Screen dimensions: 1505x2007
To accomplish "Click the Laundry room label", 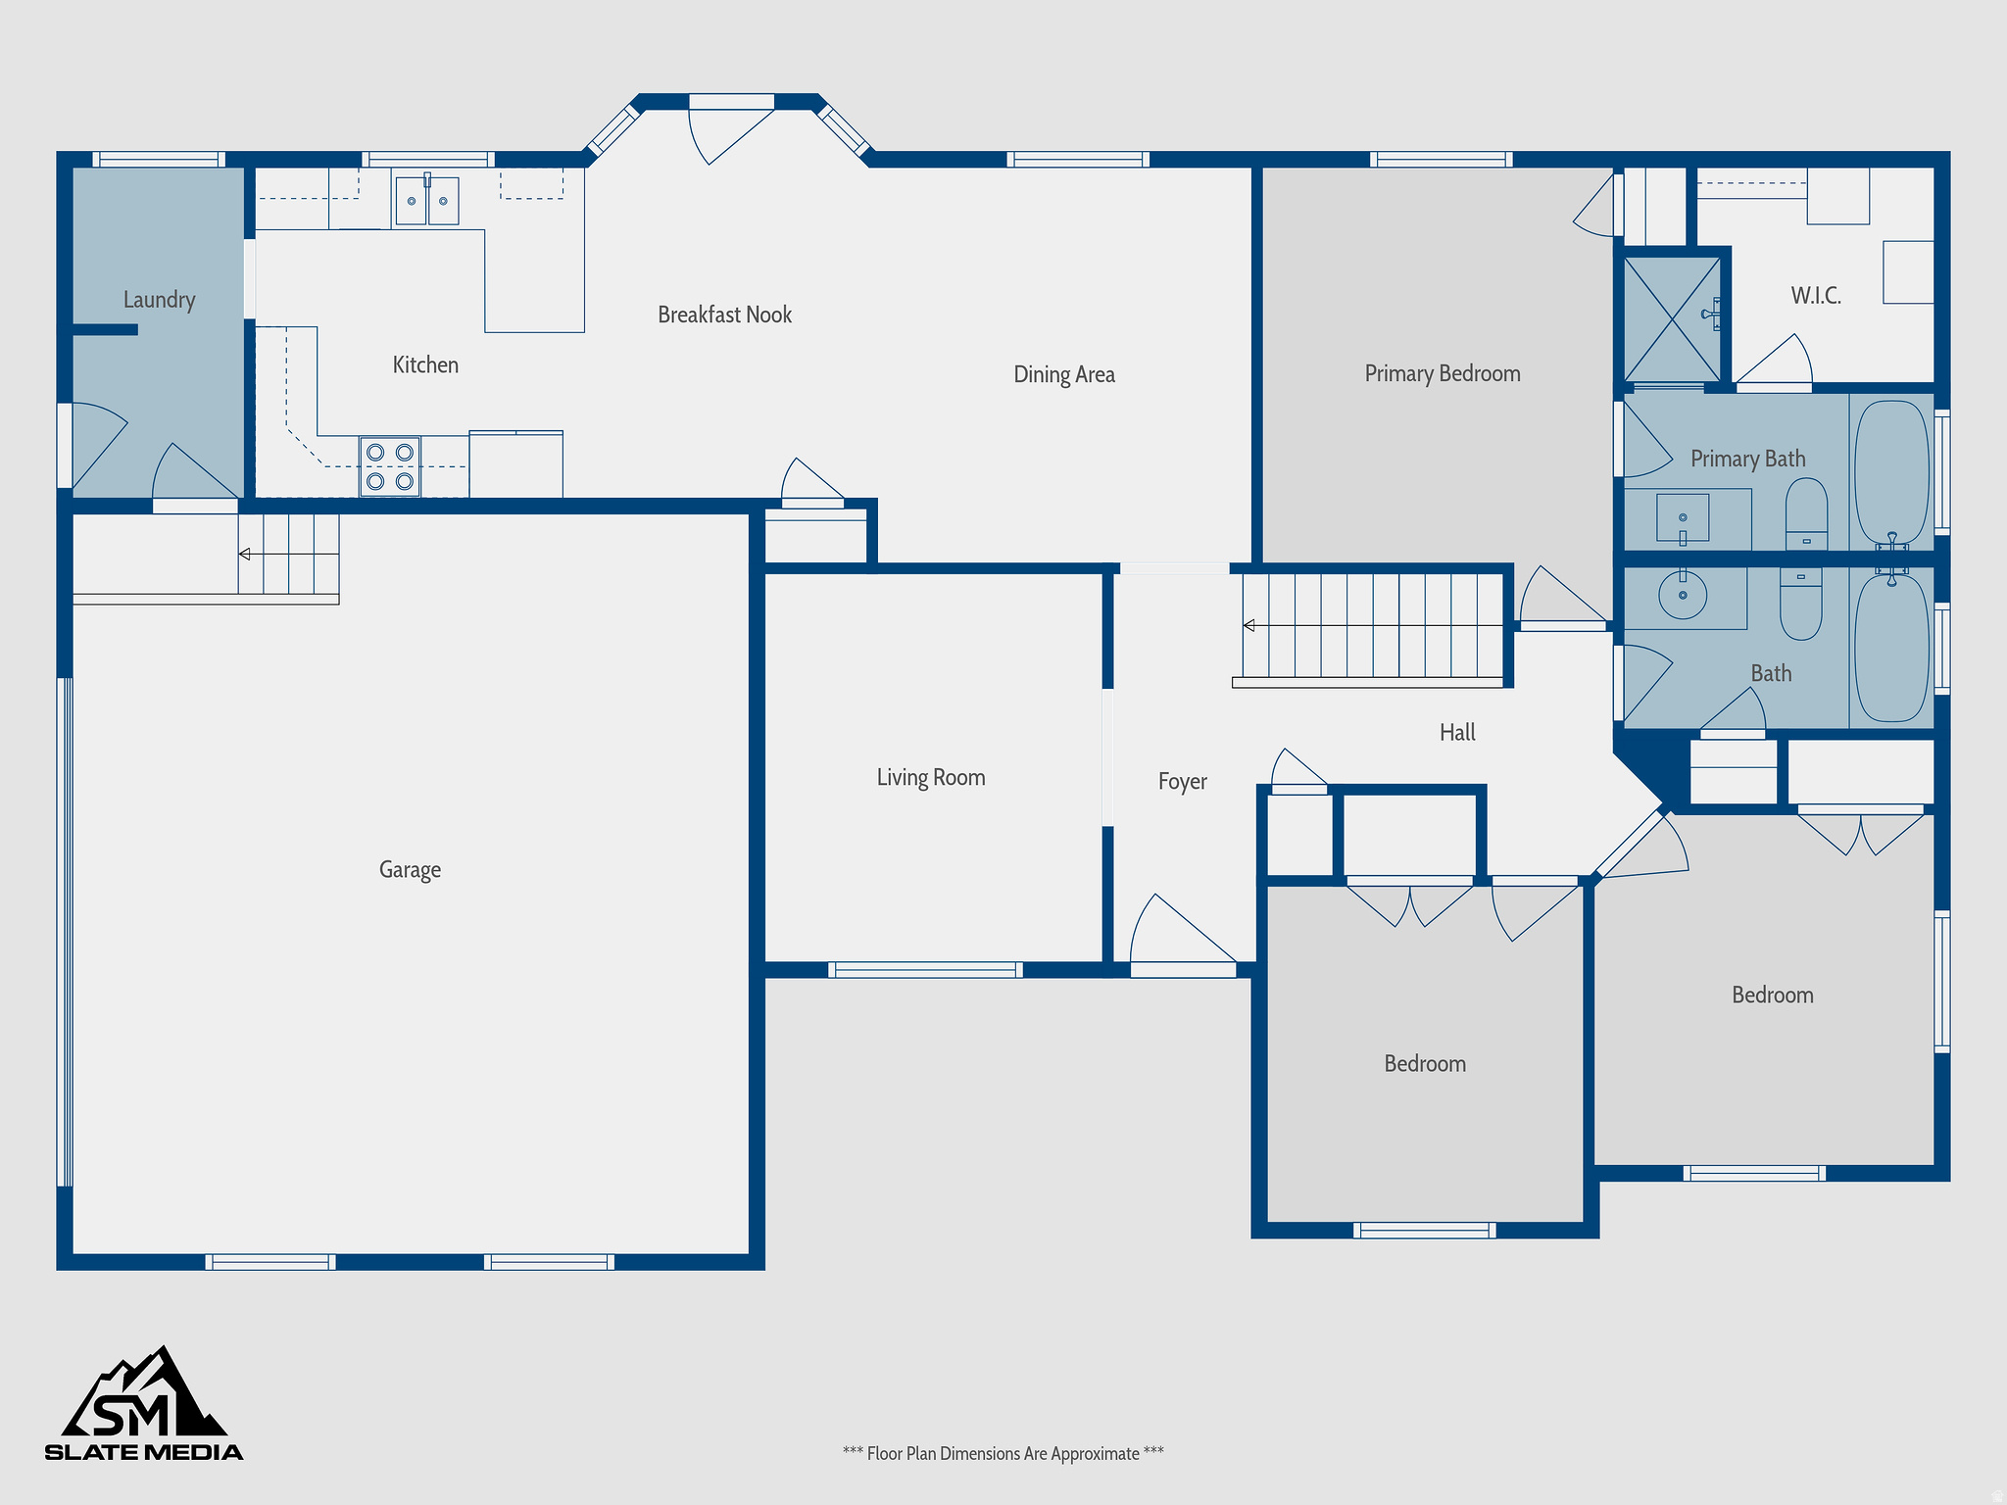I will pyautogui.click(x=159, y=300).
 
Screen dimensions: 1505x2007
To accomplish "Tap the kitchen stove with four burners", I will pyautogui.click(x=389, y=466).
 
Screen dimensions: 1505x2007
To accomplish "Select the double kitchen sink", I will pyautogui.click(x=427, y=201).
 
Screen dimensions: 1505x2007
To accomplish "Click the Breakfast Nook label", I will pyautogui.click(x=724, y=315).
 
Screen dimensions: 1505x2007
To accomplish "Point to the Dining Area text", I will pyautogui.click(x=1063, y=374).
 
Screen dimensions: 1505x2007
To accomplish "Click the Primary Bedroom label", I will pyautogui.click(x=1442, y=373).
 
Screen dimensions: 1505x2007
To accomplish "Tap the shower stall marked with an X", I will pyautogui.click(x=1672, y=318).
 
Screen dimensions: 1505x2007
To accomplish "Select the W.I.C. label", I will pyautogui.click(x=1815, y=296).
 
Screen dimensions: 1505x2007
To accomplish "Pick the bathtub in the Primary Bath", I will pyautogui.click(x=1891, y=471).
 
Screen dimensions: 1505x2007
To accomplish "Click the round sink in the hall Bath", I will pyautogui.click(x=1683, y=595).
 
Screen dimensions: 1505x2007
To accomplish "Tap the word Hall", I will pyautogui.click(x=1457, y=732).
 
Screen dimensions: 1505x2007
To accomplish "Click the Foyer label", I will pyautogui.click(x=1182, y=782).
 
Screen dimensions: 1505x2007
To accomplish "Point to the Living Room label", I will pyautogui.click(x=930, y=778).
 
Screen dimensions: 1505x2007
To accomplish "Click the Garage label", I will pyautogui.click(x=410, y=870).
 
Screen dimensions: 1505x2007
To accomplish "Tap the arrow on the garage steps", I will pyautogui.click(x=245, y=555).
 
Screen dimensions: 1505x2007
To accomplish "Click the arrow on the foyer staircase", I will pyautogui.click(x=1248, y=625).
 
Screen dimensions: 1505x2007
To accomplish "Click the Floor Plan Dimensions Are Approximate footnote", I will pyautogui.click(x=1003, y=1453).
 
